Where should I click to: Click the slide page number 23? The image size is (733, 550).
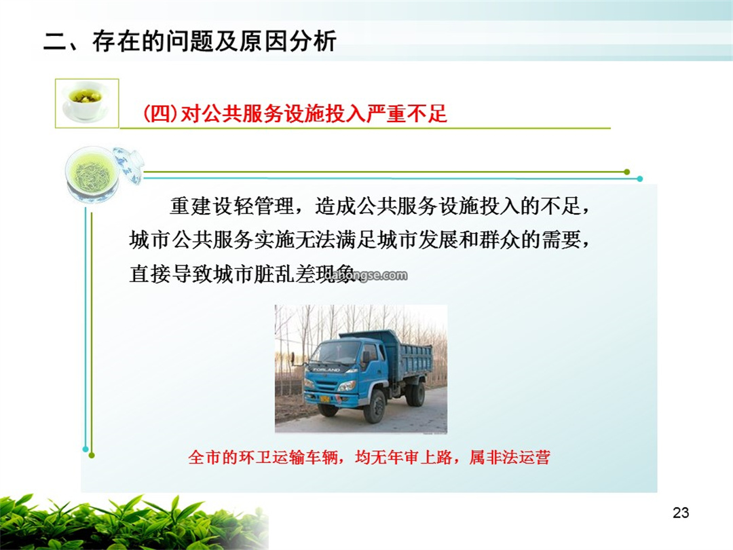pos(681,513)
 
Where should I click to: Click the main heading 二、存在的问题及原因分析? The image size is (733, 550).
pos(190,41)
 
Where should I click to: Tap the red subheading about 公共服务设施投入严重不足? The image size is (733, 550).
pos(295,113)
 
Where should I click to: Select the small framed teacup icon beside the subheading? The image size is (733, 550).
pos(87,103)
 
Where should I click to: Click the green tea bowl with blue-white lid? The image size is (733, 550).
pos(103,174)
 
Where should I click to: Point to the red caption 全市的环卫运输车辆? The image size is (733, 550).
pos(263,457)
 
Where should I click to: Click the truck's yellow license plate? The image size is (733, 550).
pos(324,399)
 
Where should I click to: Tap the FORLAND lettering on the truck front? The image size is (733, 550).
pos(326,369)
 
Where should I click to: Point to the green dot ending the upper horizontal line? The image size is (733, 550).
pos(627,172)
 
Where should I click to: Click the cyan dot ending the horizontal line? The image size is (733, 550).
pos(639,179)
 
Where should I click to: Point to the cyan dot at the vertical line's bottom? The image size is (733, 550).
pos(85,449)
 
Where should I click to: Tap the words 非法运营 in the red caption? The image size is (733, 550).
pos(518,457)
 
